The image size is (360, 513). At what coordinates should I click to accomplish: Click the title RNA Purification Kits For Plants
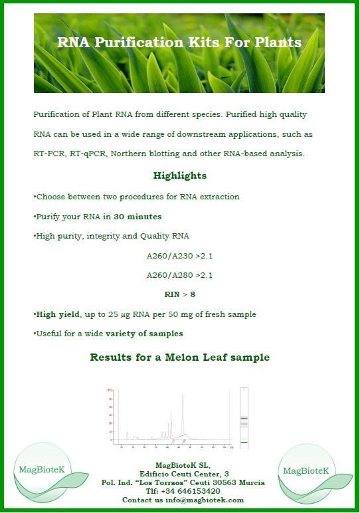pos(179,43)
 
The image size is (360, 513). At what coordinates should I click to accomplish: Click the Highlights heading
pos(179,176)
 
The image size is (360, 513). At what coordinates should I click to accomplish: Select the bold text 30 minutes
pos(137,217)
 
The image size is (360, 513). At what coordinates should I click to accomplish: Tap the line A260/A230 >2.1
pos(179,255)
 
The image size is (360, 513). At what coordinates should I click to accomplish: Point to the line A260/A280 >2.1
pos(179,275)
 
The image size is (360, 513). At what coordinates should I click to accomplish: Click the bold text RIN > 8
pos(179,294)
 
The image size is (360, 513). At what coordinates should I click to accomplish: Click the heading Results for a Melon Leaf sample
pos(179,358)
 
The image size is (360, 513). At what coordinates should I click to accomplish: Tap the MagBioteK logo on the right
pos(306,471)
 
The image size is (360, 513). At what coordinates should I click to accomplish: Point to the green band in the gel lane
pos(244,442)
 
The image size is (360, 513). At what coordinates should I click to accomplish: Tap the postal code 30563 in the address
pos(223,482)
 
